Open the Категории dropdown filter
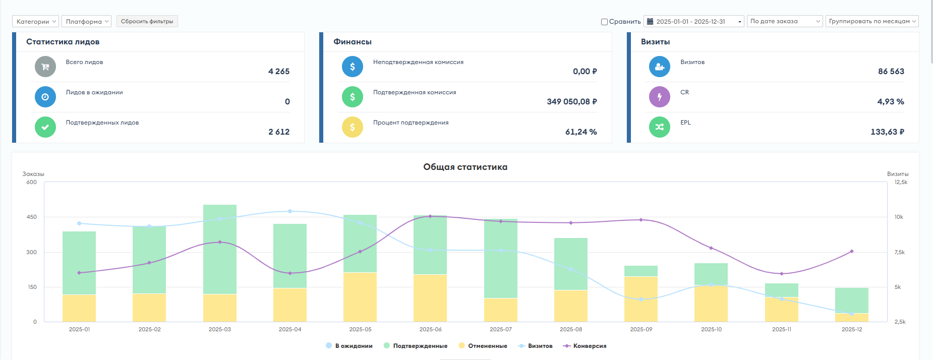pos(35,21)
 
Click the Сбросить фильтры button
pos(147,21)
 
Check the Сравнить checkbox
pos(604,22)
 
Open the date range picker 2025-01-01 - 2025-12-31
pos(694,21)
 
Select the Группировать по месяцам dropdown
pos(872,21)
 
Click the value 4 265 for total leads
pos(279,72)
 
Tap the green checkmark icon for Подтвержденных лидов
pos(45,127)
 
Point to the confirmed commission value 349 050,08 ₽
pos(572,102)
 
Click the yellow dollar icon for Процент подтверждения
pos(353,127)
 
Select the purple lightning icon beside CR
pos(660,97)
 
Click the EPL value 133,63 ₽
pos(888,132)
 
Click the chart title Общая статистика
pos(465,167)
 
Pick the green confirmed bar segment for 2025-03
pos(220,249)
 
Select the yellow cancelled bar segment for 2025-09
pos(641,299)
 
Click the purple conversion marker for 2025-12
pos(852,251)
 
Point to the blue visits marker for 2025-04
pos(290,211)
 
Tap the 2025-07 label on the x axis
pos(501,329)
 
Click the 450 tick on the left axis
pos(32,217)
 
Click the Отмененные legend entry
pos(483,346)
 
